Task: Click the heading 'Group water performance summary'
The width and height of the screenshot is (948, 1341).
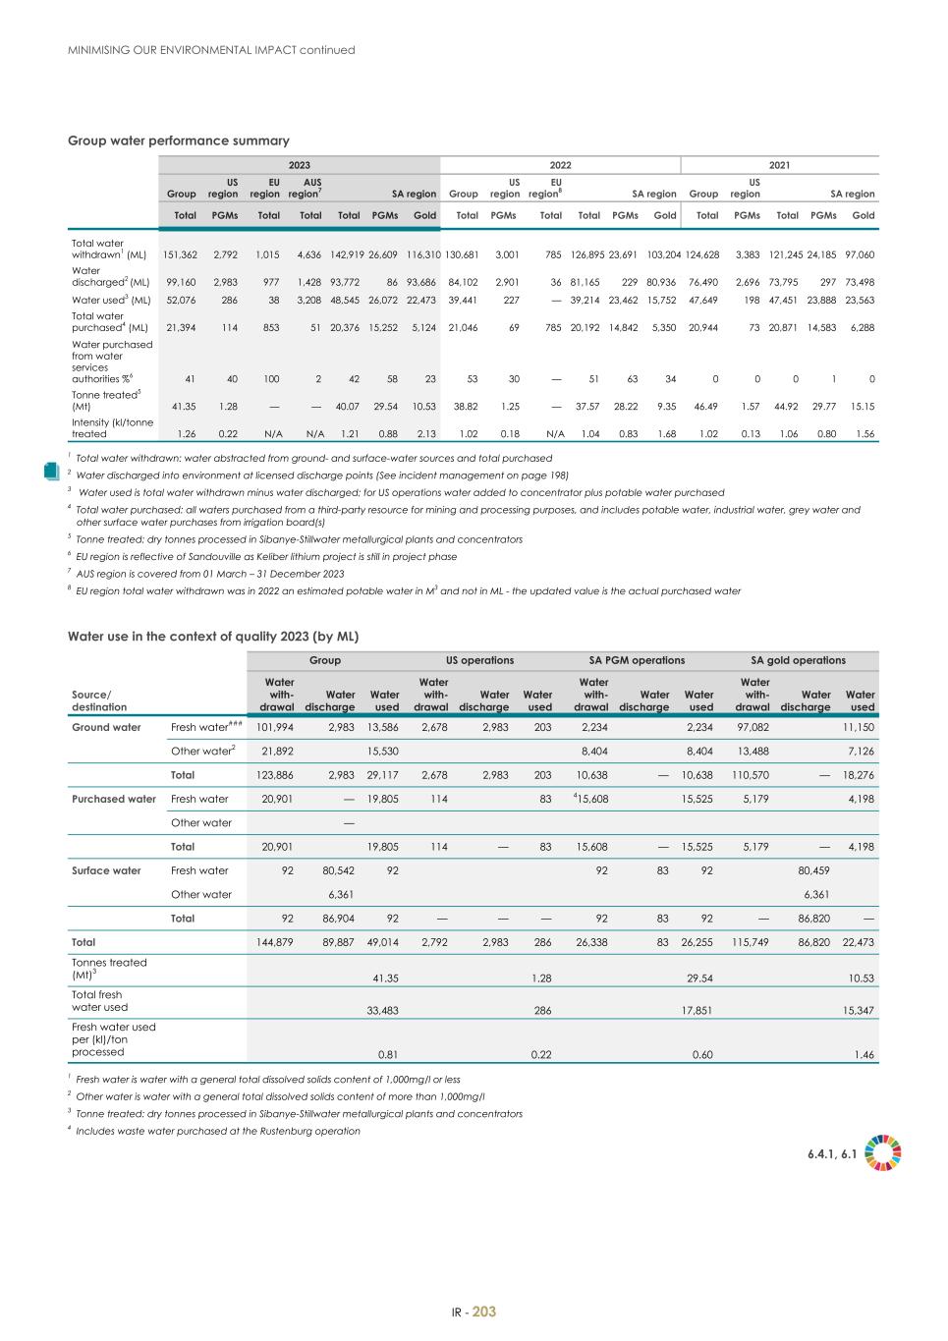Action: point(178,140)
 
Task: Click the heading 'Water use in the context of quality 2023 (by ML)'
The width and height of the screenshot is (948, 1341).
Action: point(212,636)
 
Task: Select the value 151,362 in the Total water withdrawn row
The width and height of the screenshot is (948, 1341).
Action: point(180,254)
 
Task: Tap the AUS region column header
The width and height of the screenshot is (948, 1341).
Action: point(311,188)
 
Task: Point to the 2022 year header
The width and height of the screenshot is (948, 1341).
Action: point(560,165)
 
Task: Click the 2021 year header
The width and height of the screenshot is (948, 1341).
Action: point(779,165)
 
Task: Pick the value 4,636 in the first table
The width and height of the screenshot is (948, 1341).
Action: point(308,254)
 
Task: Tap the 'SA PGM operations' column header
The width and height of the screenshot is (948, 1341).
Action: point(637,660)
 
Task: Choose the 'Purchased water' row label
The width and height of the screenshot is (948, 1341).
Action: point(114,799)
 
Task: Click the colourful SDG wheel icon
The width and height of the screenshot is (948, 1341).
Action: point(883,1153)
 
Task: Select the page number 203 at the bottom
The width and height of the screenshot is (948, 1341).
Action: point(484,1312)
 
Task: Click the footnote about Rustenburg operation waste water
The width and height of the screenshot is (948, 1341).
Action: point(217,1131)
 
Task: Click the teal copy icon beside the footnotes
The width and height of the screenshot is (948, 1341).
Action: point(53,471)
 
